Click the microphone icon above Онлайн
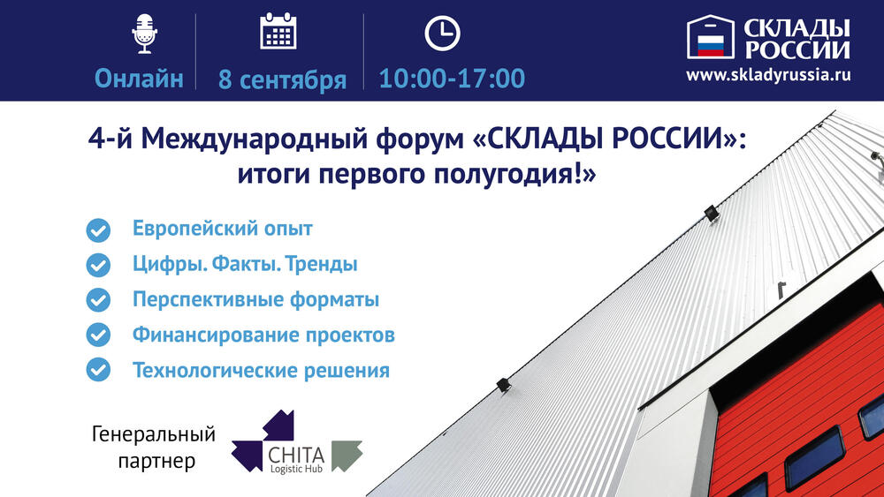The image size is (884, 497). (144, 34)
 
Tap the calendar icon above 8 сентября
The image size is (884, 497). (278, 31)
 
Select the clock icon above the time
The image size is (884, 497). (442, 34)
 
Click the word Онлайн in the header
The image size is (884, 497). (139, 79)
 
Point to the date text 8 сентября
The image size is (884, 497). (282, 79)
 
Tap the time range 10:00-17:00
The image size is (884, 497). (452, 79)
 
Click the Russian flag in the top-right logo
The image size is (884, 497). (711, 46)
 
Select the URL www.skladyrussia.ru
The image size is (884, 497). (768, 75)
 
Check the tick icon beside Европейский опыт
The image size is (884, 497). (98, 230)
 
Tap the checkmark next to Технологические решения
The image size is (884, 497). (98, 370)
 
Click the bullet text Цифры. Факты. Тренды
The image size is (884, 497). (245, 264)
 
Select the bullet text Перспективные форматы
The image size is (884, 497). (255, 299)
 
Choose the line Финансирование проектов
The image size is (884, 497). (263, 335)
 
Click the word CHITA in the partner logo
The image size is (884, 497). (296, 456)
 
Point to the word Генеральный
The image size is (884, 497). (153, 434)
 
